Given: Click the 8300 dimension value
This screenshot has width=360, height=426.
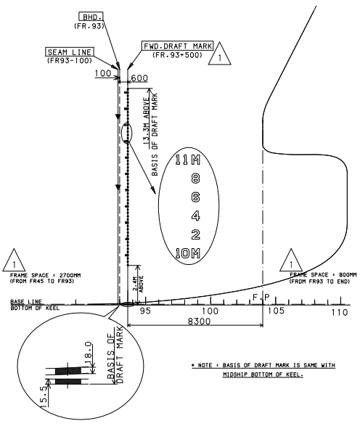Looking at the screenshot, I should click(195, 319).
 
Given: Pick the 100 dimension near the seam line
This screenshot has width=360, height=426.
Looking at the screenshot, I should click(103, 75).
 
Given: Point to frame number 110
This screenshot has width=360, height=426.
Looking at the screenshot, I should click(339, 311).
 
